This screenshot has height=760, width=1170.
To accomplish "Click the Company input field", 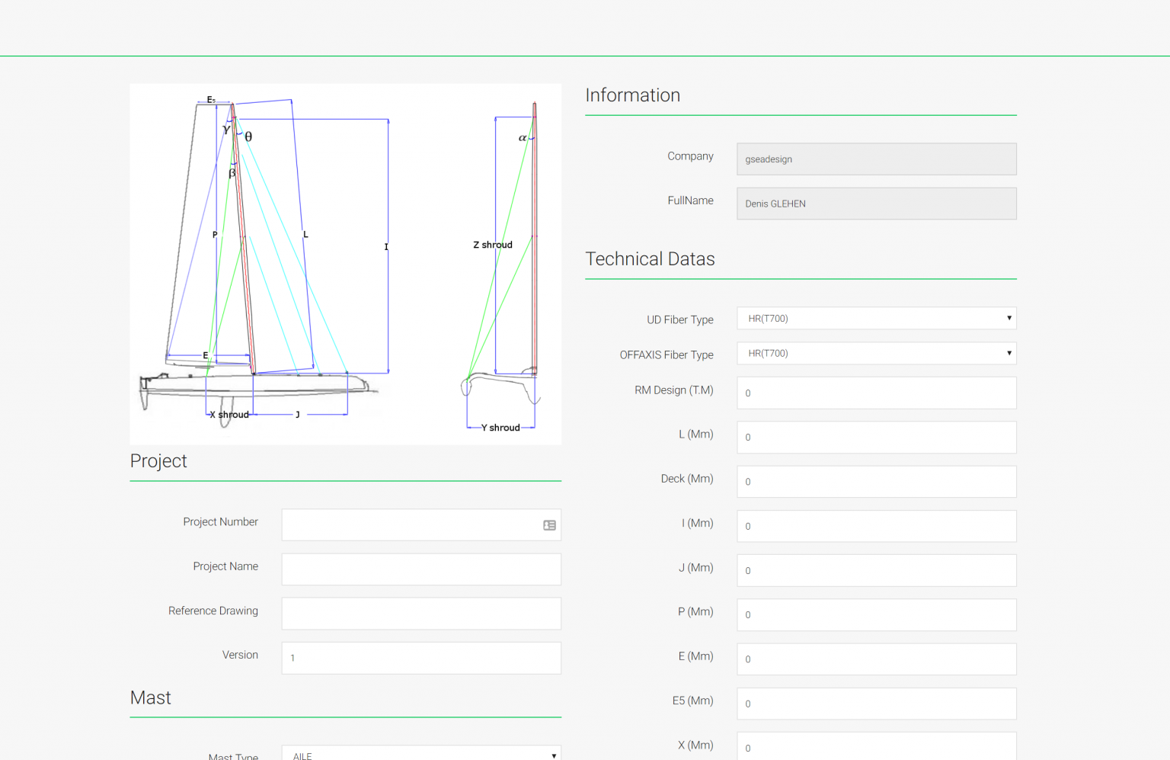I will (x=876, y=159).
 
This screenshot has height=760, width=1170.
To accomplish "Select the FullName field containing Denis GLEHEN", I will (x=876, y=204).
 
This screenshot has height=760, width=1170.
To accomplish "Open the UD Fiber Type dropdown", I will (x=876, y=319).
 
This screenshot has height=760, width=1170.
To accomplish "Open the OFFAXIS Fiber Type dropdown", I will (x=876, y=354).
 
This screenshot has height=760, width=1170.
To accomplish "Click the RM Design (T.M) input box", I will (x=876, y=393).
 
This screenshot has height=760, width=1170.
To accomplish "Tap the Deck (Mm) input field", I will (x=876, y=482).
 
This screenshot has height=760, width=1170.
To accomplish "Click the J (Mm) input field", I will (x=876, y=570).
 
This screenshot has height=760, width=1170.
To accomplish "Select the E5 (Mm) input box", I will (x=876, y=704).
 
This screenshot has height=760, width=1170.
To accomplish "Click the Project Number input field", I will (x=411, y=525).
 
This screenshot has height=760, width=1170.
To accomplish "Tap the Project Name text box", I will (x=421, y=569).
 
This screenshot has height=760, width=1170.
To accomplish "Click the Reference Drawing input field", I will (x=421, y=614).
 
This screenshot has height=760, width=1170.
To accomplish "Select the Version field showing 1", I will (x=421, y=658).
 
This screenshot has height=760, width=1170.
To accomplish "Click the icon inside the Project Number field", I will (x=549, y=525).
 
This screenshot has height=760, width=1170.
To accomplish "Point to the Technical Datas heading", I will (x=650, y=259).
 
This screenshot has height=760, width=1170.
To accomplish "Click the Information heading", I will (x=632, y=95).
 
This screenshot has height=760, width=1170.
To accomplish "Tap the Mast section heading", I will (x=151, y=698).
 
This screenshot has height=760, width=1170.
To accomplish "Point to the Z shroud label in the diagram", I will (x=493, y=245).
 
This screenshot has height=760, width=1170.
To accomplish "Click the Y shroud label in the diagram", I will (x=500, y=428).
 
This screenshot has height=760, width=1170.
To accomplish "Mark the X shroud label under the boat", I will (x=229, y=415).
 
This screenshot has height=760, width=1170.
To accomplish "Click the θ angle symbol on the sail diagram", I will (x=248, y=136).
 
